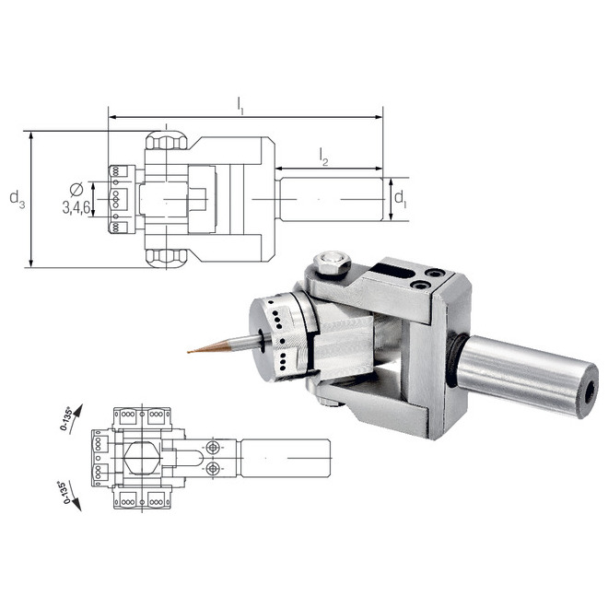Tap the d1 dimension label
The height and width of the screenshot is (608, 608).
(399, 198)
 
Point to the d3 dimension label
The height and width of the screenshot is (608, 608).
(17, 198)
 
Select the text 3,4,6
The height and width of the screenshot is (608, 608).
(76, 208)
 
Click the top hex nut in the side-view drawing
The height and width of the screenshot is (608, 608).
(166, 141)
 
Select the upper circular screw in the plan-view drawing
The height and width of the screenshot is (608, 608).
(214, 447)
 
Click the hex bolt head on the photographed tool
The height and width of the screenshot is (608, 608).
(332, 264)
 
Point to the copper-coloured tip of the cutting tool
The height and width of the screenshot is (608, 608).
(194, 351)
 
